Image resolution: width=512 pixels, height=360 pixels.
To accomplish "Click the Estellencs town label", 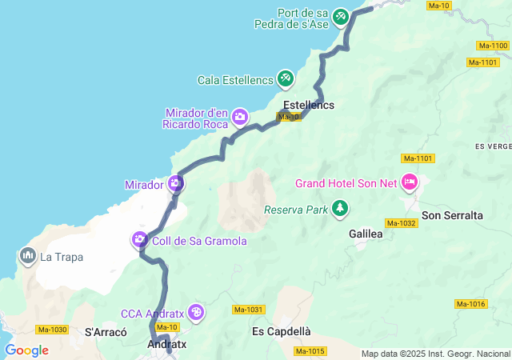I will tap(309, 106).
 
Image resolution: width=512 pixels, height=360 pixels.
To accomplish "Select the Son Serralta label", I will tap(452, 215).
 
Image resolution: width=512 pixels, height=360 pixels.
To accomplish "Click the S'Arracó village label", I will tap(106, 331).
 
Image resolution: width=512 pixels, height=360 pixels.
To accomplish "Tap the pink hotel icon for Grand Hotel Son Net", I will tap(410, 182).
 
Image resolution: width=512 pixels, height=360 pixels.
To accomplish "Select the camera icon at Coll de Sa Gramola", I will tap(140, 239).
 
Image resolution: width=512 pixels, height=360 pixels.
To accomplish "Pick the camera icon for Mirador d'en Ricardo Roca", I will tap(239, 118).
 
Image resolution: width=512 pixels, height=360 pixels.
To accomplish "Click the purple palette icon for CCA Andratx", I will tap(197, 313).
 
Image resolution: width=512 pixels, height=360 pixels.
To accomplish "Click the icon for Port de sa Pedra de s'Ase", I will tap(341, 15).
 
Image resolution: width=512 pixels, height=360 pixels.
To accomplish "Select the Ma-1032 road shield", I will tap(400, 223).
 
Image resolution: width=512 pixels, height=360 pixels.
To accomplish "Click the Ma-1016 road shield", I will tap(470, 304).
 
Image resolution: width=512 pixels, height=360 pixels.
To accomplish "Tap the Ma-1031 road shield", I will tap(249, 310).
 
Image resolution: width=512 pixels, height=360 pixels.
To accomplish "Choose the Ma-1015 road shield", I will tap(310, 350).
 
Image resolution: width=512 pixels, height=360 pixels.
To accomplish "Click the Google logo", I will tap(26, 350).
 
